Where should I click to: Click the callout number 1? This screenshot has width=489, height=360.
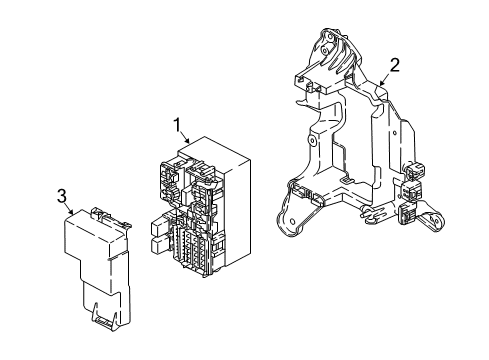[177, 125]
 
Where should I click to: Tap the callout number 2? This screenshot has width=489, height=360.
[394, 66]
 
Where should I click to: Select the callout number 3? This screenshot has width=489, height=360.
[61, 195]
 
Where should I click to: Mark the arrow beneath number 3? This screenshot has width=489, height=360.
[70, 211]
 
